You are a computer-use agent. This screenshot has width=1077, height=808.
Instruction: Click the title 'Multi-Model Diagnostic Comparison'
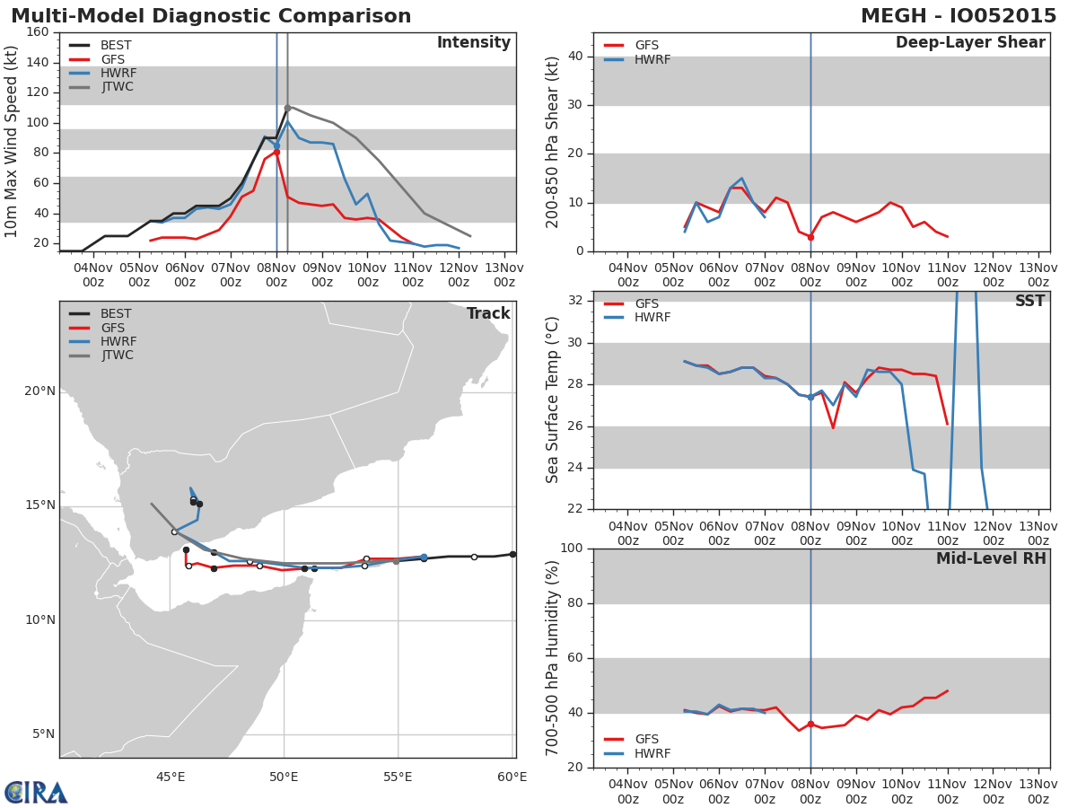pos(211,16)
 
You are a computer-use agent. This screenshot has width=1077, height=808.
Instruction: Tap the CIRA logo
pos(36,792)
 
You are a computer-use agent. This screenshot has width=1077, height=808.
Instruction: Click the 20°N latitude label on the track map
pos(39,391)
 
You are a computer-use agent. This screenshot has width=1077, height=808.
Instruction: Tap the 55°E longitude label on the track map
pos(398,777)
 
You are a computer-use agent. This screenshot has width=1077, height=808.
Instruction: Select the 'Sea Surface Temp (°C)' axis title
pos(553,400)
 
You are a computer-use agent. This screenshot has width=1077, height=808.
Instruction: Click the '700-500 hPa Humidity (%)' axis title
pos(553,658)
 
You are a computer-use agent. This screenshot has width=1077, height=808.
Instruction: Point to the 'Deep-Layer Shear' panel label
pos(969,43)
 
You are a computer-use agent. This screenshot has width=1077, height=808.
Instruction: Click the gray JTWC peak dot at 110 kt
pos(287,108)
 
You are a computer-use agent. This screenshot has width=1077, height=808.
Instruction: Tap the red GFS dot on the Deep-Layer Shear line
pos(810,237)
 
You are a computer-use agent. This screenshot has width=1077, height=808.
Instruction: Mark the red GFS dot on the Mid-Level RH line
pos(810,724)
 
